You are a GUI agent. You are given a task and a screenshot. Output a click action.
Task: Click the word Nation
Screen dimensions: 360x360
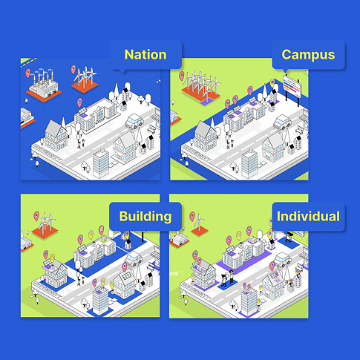tap(145, 55)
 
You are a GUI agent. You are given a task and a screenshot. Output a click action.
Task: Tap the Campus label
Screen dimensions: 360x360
tap(308, 55)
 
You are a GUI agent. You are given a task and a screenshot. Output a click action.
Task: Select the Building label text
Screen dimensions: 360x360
tap(145, 217)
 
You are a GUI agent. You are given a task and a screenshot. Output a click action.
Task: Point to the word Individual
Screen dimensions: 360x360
tap(308, 216)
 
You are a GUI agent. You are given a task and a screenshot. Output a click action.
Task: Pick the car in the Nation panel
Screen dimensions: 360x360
tap(134, 121)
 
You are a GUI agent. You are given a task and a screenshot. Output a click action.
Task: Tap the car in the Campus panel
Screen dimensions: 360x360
tap(282, 122)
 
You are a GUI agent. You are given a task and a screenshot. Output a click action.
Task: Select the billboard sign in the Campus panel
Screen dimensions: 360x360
tap(292, 88)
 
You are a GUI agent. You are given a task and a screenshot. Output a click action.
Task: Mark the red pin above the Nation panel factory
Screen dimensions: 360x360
tap(28, 73)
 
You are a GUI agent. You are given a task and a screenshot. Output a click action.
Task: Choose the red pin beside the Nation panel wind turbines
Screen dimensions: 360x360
tap(73, 70)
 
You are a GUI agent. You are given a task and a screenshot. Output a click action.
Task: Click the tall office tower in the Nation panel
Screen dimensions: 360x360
tap(101, 163)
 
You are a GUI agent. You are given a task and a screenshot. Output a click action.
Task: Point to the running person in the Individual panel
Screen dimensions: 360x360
tap(288, 238)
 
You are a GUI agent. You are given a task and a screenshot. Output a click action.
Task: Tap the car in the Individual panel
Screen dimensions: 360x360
tap(282, 260)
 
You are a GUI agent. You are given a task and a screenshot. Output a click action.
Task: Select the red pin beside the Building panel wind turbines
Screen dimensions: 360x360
tap(36, 216)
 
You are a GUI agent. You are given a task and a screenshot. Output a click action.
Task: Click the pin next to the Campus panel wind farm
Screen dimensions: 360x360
tap(182, 76)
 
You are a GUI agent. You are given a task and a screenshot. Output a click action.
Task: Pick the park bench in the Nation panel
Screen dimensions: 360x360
tap(151, 128)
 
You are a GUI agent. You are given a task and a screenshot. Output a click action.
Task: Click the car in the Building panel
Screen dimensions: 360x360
tap(134, 258)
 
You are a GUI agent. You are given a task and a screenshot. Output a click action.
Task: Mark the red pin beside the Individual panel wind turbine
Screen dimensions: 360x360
tap(192, 217)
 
